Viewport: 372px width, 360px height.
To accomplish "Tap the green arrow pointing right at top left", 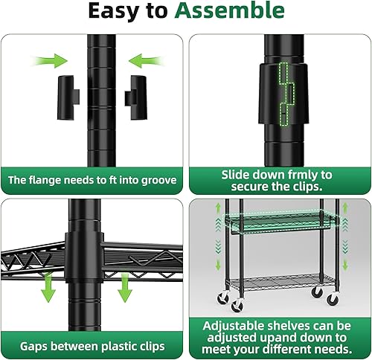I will coord(51,59).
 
